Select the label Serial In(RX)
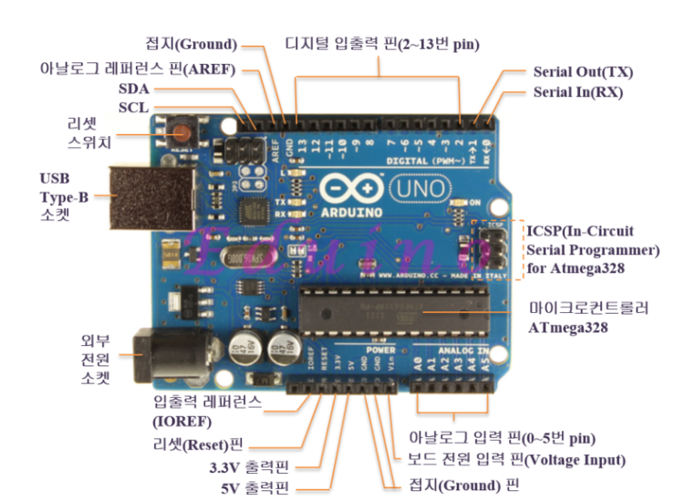point(577,92)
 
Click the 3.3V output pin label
point(248,467)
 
